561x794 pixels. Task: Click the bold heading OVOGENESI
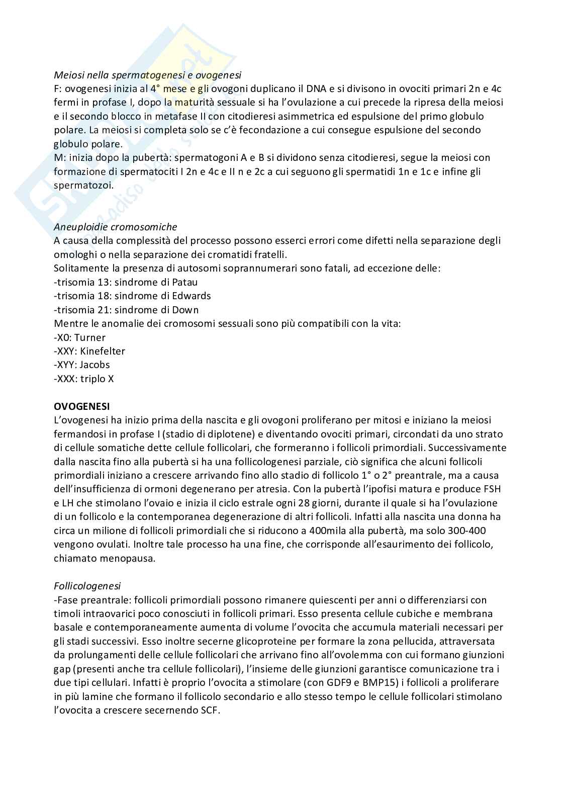pyautogui.click(x=81, y=406)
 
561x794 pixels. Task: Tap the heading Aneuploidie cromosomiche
pyautogui.click(x=115, y=227)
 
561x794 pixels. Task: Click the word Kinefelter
pyautogui.click(x=103, y=351)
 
